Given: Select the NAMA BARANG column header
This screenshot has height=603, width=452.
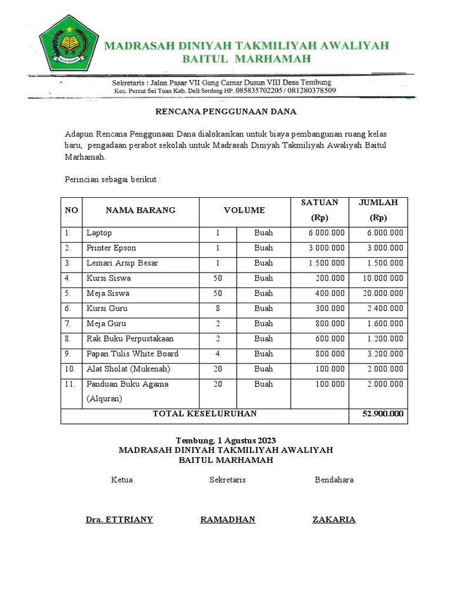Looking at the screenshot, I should click(x=140, y=210).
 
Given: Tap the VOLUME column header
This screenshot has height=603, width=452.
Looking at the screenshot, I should click(x=244, y=210).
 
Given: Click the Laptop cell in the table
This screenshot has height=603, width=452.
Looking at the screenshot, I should click(x=99, y=233).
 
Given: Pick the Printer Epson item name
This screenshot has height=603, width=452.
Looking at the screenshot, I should click(x=111, y=248).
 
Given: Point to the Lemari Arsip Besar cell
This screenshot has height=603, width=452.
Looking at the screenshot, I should click(x=122, y=263).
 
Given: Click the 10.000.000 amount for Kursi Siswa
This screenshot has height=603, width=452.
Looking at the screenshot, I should click(x=383, y=279).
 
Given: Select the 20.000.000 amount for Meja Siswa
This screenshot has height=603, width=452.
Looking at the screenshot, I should click(x=383, y=293).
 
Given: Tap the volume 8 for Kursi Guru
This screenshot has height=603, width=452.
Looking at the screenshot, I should click(x=218, y=309).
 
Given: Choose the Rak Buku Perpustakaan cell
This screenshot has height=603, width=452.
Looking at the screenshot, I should click(x=130, y=339).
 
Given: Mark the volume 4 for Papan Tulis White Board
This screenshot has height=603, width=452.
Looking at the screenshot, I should click(x=218, y=354).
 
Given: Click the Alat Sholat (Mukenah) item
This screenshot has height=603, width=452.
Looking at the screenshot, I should click(x=129, y=369).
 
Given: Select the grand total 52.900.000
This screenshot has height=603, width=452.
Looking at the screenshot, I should click(x=383, y=414).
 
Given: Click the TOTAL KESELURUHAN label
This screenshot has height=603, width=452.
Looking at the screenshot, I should click(x=205, y=414).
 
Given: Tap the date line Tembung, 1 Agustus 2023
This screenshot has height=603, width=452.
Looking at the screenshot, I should click(x=226, y=440).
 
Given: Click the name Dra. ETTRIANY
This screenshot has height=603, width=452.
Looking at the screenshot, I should click(x=119, y=519).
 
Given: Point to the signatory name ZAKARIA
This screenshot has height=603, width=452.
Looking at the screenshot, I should click(x=334, y=519).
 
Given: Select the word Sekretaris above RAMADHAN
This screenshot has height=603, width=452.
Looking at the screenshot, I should click(x=228, y=480).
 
